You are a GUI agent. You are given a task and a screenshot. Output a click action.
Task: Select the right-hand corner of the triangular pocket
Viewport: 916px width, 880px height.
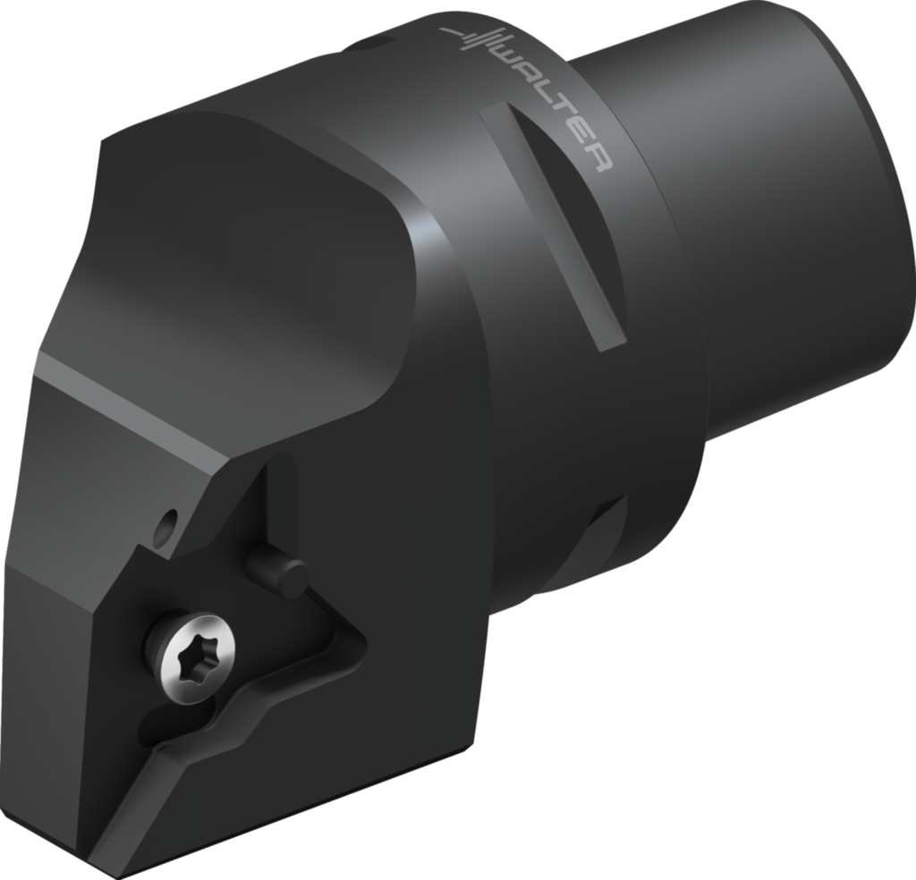click(358, 639)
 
